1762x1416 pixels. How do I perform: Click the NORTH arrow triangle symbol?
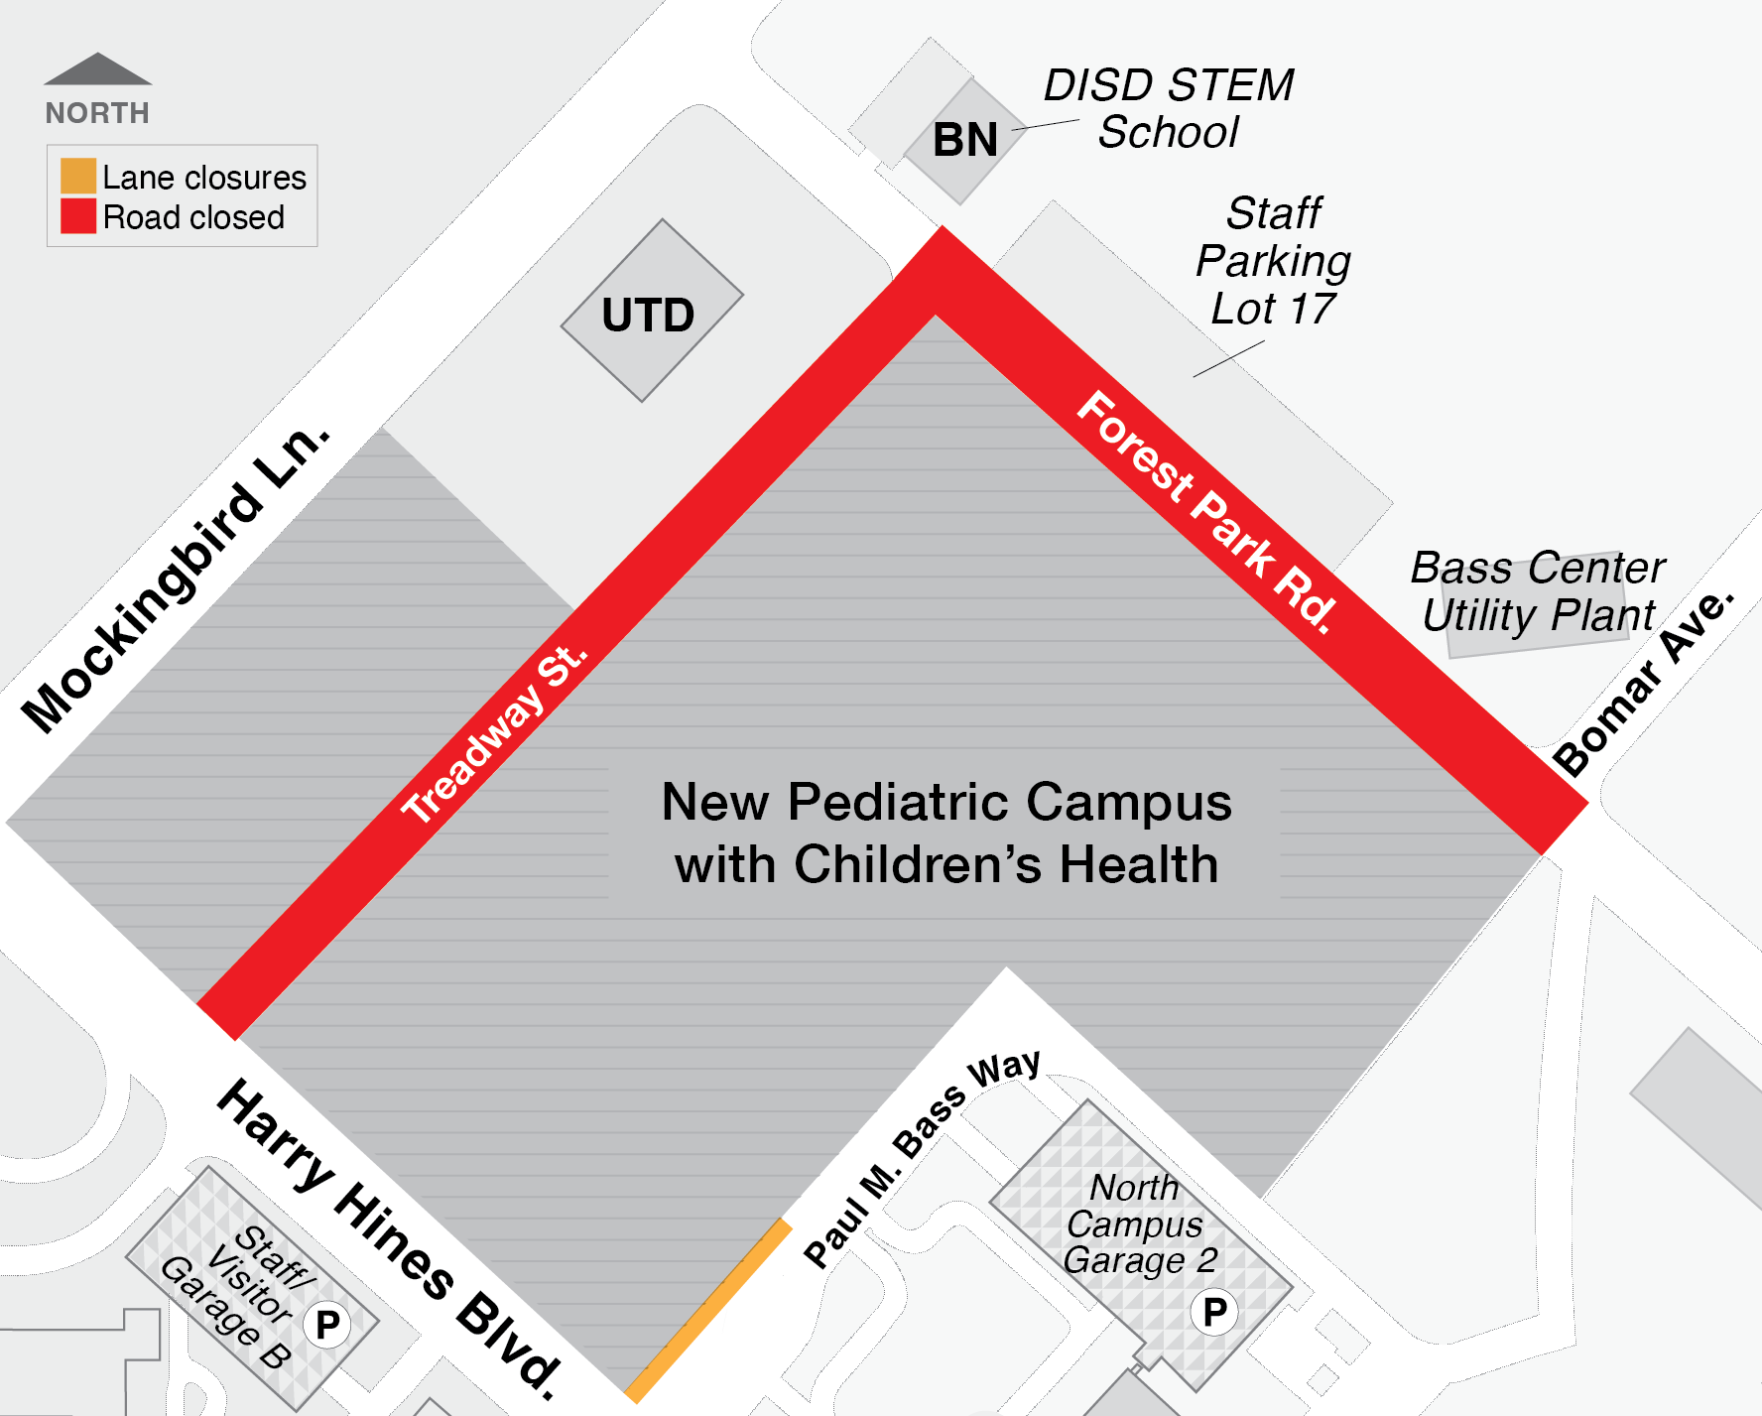tap(97, 70)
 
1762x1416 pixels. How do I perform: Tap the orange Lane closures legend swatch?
tap(78, 176)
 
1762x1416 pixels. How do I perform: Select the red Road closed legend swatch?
tap(78, 216)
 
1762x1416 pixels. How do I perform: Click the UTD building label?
tap(648, 316)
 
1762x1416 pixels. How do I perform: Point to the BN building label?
tap(964, 140)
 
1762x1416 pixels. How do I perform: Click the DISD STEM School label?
tap(1169, 109)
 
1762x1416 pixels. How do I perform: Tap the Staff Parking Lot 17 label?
tap(1273, 261)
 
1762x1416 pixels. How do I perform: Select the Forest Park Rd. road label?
tap(1205, 511)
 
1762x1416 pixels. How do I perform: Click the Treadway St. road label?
tap(493, 734)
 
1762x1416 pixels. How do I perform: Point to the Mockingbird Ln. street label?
tap(176, 580)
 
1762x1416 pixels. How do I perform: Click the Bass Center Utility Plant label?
tap(1538, 591)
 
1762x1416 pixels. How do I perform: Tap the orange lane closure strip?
tap(707, 1311)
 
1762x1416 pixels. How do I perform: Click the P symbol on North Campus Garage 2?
tap(1214, 1312)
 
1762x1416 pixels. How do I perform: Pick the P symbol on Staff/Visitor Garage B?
tap(327, 1325)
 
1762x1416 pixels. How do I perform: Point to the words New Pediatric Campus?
tap(945, 802)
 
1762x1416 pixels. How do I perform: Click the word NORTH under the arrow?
tap(97, 113)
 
